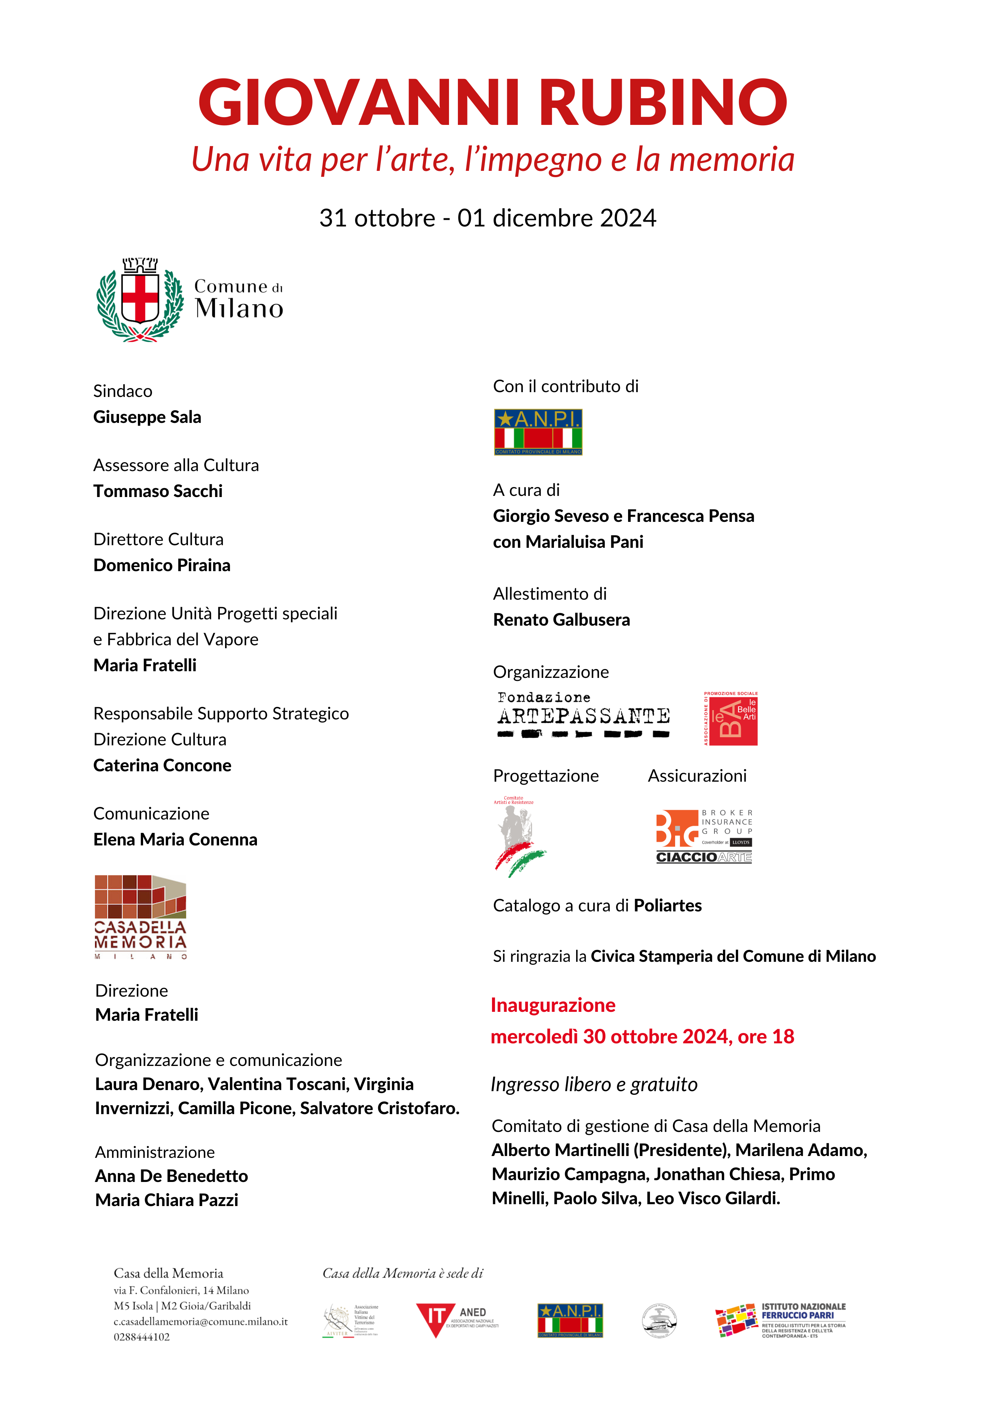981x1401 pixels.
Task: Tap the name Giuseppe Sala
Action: click(147, 417)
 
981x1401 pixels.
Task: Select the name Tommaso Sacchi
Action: click(158, 491)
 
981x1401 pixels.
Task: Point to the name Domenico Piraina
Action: click(162, 566)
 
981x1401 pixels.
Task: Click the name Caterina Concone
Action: click(162, 766)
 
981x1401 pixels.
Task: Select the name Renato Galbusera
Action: click(561, 620)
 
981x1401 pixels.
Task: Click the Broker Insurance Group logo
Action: click(704, 836)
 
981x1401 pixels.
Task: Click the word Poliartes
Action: click(667, 905)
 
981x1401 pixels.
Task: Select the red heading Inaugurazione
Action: click(552, 1005)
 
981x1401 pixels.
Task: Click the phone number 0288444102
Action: click(142, 1337)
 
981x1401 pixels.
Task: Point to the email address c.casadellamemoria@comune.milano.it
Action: click(200, 1322)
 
